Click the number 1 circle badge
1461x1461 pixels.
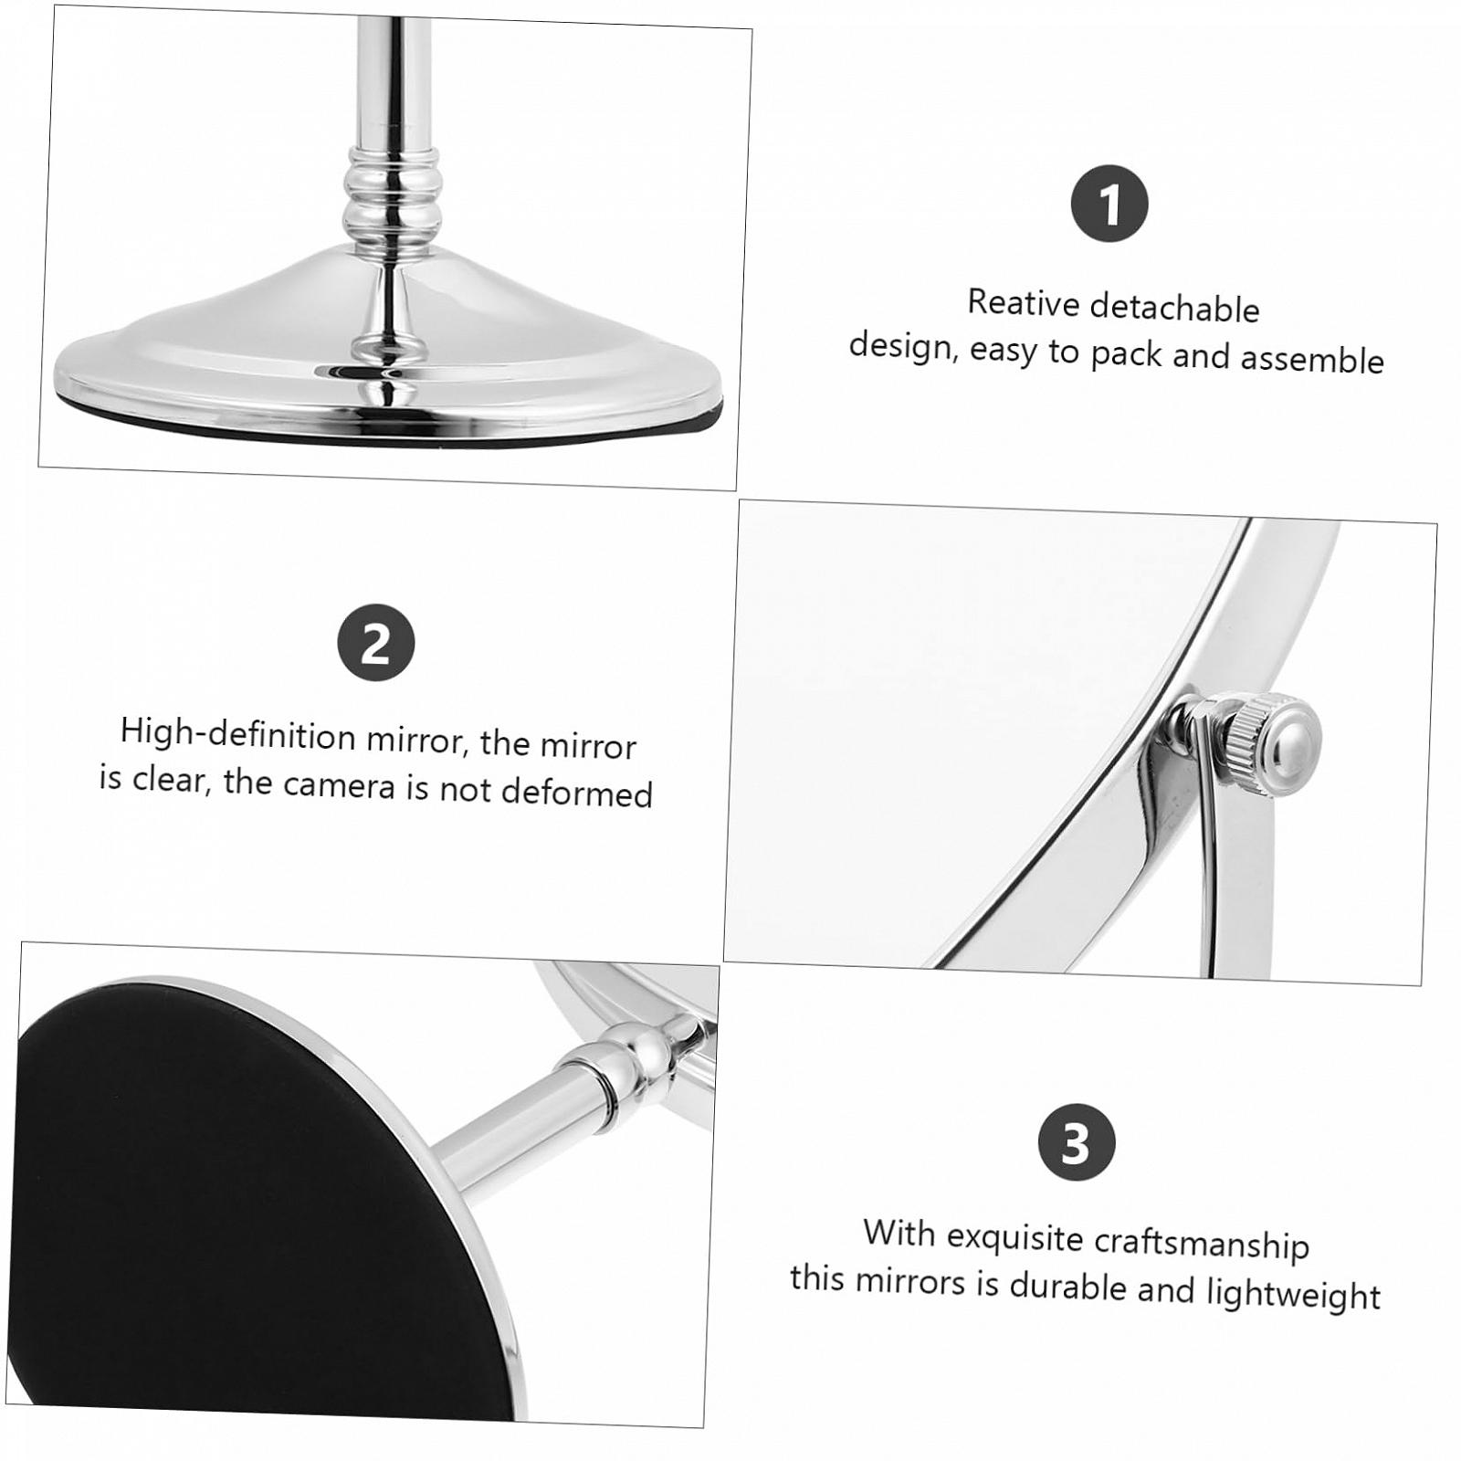[1109, 204]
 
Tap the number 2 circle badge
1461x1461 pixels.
[376, 644]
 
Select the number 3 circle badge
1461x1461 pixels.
[1077, 1142]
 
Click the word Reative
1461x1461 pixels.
[1024, 302]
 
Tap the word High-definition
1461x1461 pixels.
[237, 735]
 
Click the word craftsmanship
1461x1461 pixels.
[1202, 1244]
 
